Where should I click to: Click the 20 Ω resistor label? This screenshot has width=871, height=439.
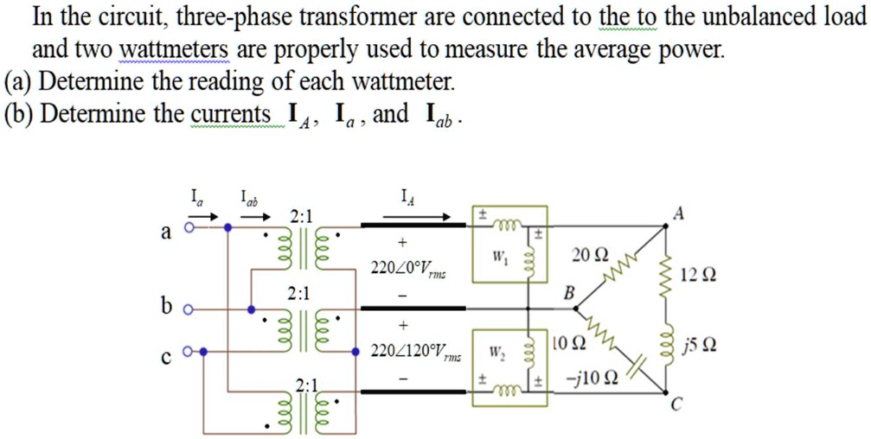point(590,255)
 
